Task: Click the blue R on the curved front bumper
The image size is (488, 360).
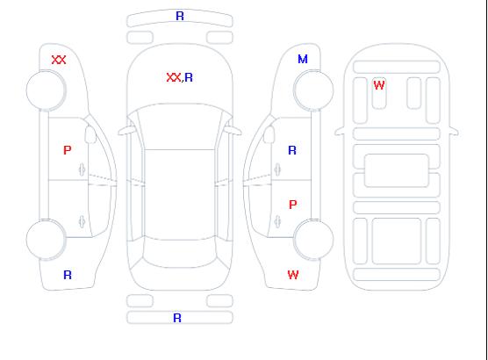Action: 180,16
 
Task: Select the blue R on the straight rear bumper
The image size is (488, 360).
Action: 177,318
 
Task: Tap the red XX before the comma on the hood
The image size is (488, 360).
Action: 174,77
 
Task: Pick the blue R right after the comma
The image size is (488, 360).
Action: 189,77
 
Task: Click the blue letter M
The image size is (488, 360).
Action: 303,59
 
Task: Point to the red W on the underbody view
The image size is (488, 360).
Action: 379,85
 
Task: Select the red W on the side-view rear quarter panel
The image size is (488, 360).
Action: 293,275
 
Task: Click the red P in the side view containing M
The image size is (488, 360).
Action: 292,205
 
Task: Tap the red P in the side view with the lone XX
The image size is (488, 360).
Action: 68,150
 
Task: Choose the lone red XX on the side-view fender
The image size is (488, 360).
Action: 59,60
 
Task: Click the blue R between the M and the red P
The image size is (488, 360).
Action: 292,150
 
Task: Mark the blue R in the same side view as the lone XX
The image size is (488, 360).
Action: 68,275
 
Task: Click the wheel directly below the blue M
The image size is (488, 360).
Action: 313,90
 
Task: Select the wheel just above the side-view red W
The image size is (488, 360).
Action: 313,239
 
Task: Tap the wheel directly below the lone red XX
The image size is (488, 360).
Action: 46,90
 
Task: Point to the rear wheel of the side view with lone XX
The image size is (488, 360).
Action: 46,239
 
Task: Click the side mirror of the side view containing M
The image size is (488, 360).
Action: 269,134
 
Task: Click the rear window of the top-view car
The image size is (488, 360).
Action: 180,252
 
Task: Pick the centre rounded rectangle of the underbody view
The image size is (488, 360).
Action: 397,170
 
